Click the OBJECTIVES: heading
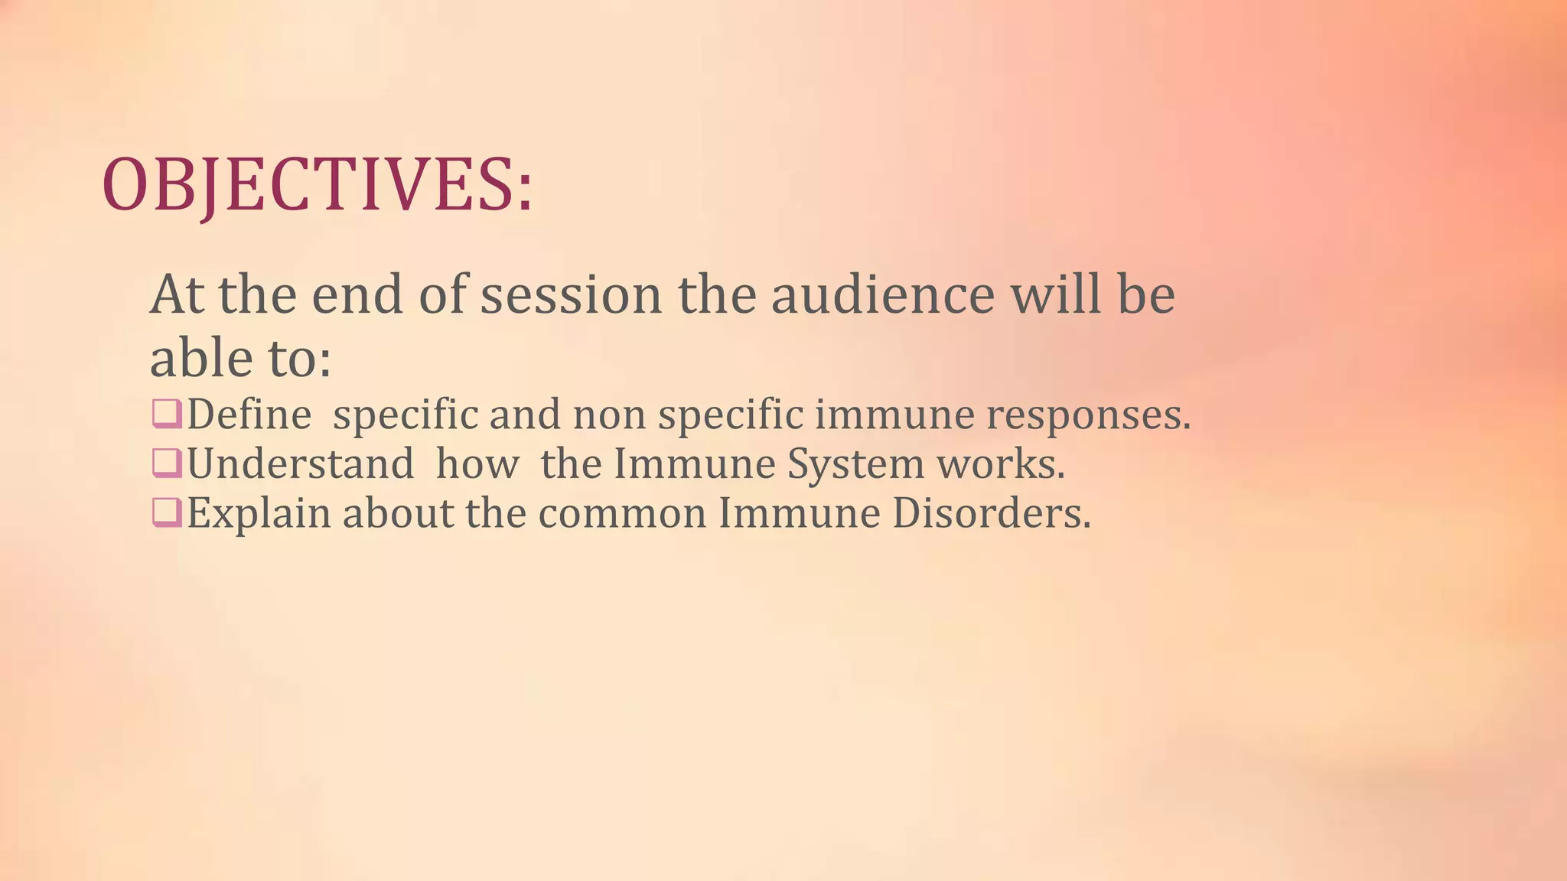pyautogui.click(x=317, y=186)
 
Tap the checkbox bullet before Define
pyautogui.click(x=167, y=414)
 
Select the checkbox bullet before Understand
pyautogui.click(x=167, y=463)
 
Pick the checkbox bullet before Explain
pyautogui.click(x=167, y=512)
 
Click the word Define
pyautogui.click(x=249, y=415)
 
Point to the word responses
pyautogui.click(x=1087, y=415)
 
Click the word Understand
pyautogui.click(x=300, y=464)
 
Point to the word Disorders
pyautogui.click(x=991, y=513)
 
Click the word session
pyautogui.click(x=570, y=296)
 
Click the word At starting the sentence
pyautogui.click(x=177, y=296)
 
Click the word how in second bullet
pyautogui.click(x=477, y=464)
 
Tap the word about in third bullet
pyautogui.click(x=398, y=513)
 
